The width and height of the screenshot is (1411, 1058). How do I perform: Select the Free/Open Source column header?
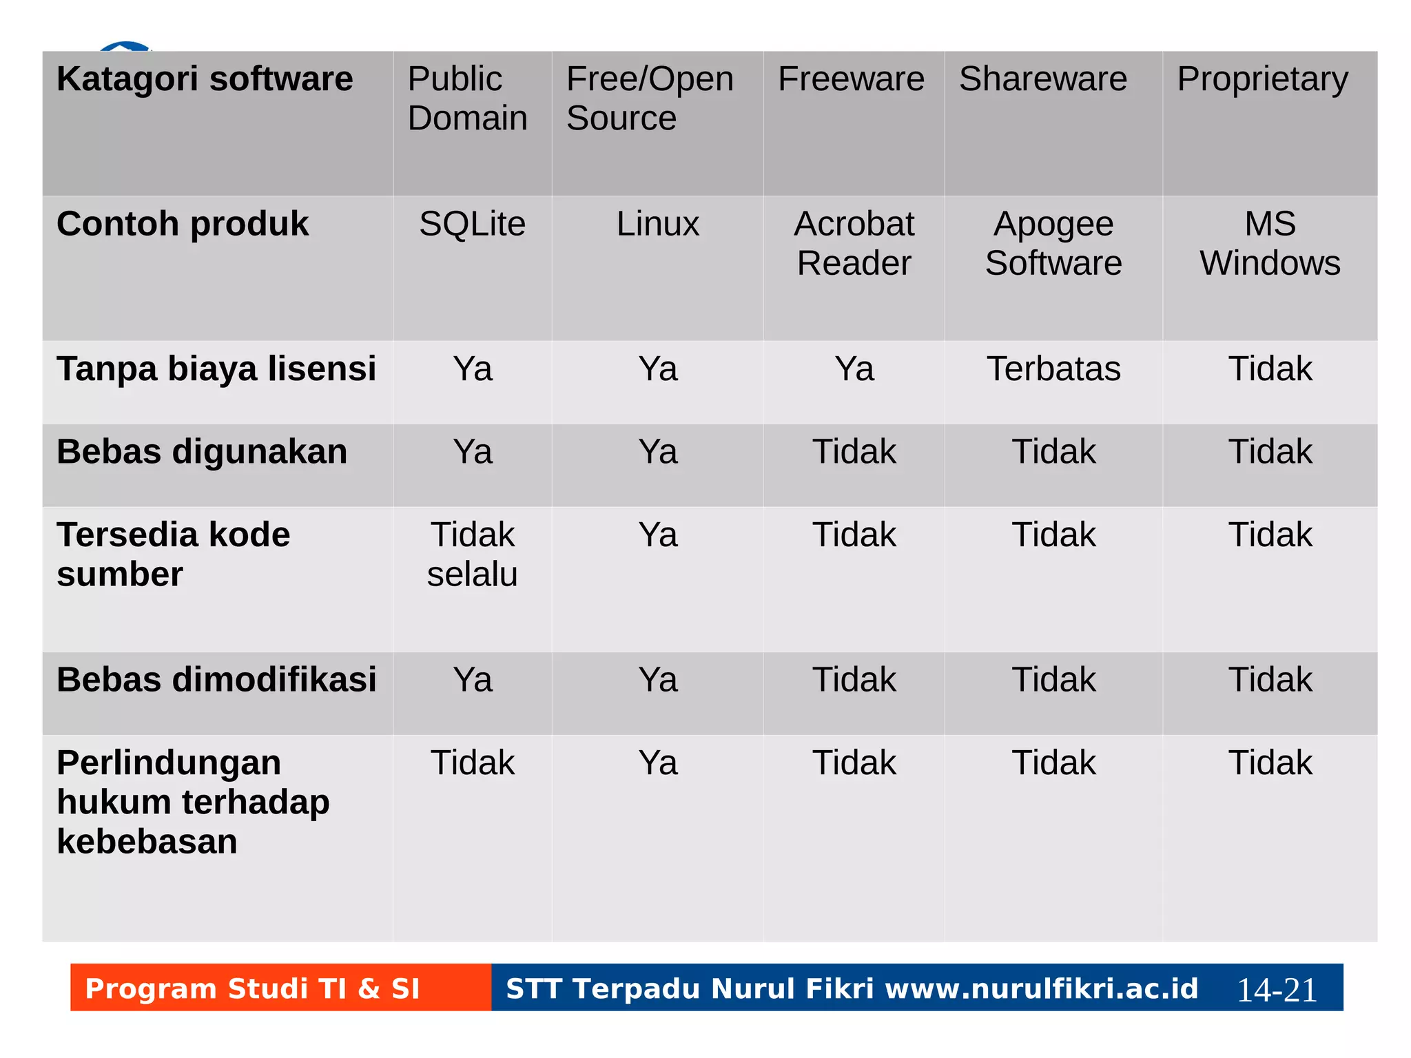[x=650, y=98]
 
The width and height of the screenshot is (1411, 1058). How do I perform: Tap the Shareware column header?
[x=1043, y=79]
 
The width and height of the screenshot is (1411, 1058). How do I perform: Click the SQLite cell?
[x=472, y=224]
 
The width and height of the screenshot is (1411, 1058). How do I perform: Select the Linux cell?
[x=657, y=224]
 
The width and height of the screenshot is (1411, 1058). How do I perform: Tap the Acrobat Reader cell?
[x=854, y=243]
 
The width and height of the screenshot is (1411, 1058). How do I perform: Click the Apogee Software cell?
[x=1053, y=243]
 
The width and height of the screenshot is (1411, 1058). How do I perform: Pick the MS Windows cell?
[x=1270, y=243]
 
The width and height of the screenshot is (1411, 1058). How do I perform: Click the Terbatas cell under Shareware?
[x=1053, y=369]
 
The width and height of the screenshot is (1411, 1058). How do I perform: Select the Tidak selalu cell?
[x=472, y=554]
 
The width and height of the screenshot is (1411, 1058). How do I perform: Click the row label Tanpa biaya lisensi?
[x=216, y=369]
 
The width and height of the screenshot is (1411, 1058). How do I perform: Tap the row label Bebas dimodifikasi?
[x=216, y=680]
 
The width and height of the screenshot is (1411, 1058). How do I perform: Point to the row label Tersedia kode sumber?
[x=174, y=554]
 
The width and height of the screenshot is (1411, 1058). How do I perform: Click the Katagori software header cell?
[x=205, y=79]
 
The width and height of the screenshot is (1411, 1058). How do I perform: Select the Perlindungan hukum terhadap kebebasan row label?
[x=193, y=802]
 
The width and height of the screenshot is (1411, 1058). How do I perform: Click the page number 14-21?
[x=1277, y=990]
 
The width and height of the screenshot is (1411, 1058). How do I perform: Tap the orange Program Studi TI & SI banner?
[x=252, y=988]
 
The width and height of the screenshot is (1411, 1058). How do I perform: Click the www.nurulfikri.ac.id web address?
[x=1041, y=988]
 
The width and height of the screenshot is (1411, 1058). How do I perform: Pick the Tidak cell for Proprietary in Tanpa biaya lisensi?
[x=1270, y=369]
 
